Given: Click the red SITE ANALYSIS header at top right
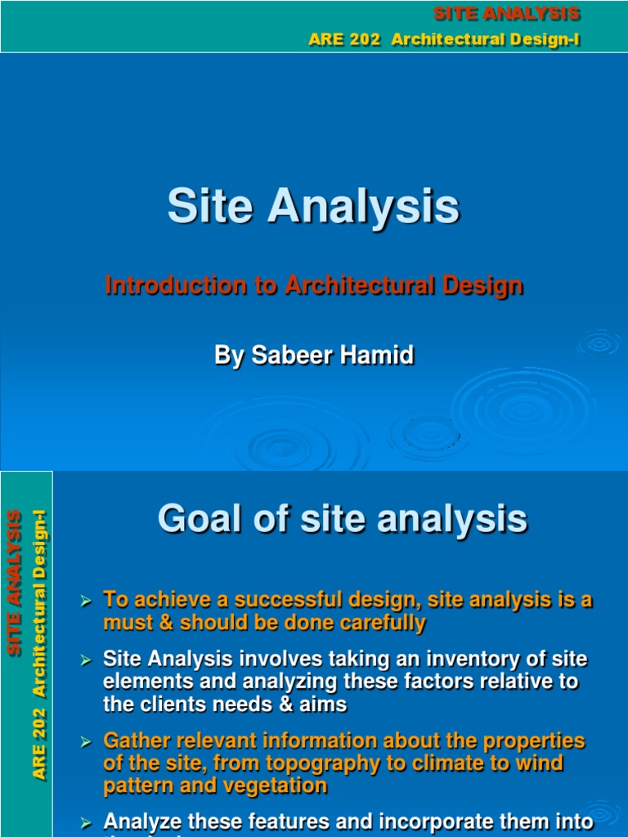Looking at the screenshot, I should pyautogui.click(x=506, y=14).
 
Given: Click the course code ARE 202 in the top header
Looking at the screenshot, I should pyautogui.click(x=344, y=40).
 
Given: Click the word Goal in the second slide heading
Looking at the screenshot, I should pyautogui.click(x=199, y=518).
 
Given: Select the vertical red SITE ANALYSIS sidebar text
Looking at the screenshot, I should pyautogui.click(x=14, y=582).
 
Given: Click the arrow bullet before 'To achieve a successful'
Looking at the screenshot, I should pyautogui.click(x=84, y=602).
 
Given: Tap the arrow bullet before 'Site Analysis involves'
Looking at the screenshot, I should pyautogui.click(x=84, y=660).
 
